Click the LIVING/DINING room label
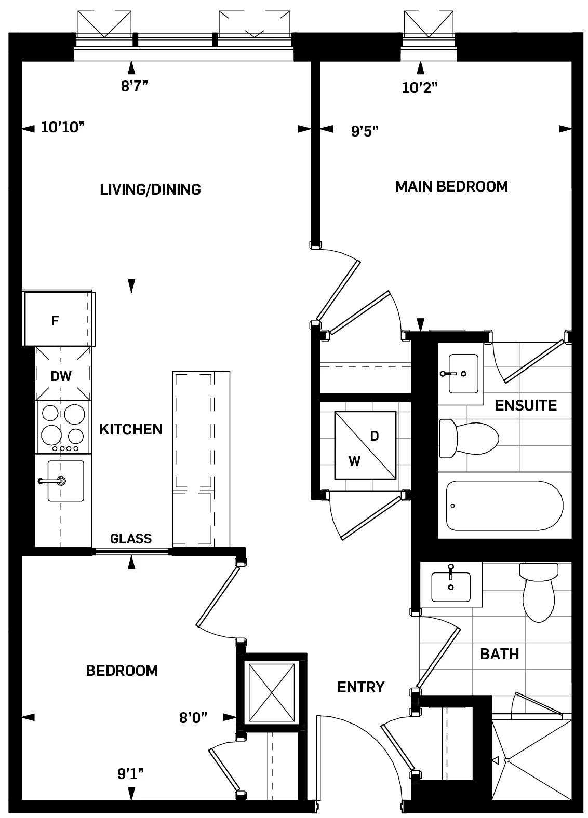point(150,189)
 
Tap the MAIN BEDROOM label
point(451,186)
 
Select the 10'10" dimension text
point(62,128)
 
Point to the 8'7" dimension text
point(135,87)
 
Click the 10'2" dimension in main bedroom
point(420,88)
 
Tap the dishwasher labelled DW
point(61,376)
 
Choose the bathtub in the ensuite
point(504,506)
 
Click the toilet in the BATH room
point(539,592)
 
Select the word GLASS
point(131,539)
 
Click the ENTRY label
point(360,687)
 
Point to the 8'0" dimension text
point(193,717)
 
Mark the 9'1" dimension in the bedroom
point(130,774)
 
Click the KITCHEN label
point(131,429)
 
